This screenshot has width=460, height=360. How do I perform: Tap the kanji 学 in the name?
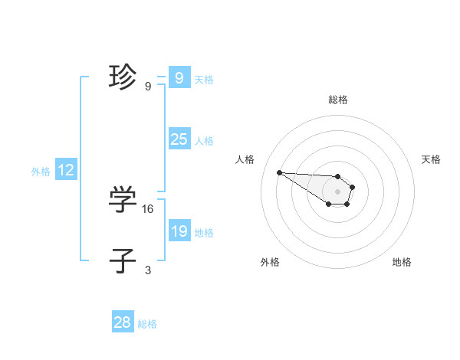[x=123, y=200]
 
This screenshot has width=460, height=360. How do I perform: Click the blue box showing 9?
[x=179, y=78]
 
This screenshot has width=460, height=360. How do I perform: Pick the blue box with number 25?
[x=179, y=139]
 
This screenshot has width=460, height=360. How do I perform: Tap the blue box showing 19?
[x=179, y=231]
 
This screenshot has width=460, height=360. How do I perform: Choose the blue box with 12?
[x=65, y=170]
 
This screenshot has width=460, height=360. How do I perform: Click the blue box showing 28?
[x=123, y=322]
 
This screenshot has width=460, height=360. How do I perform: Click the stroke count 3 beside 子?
[x=148, y=270]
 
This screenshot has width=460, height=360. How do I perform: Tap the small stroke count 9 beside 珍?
[x=148, y=87]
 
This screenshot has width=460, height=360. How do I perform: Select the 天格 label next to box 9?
[x=204, y=80]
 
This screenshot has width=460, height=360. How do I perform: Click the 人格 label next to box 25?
[x=204, y=141]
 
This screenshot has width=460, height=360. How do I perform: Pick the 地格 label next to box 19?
[x=204, y=233]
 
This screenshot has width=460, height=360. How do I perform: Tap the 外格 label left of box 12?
[x=41, y=172]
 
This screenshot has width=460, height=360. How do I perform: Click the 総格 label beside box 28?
[x=147, y=324]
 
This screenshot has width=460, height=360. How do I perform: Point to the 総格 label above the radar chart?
[x=338, y=100]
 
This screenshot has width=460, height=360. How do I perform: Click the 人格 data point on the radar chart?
[x=279, y=172]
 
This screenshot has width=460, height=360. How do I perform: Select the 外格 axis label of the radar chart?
[x=269, y=262]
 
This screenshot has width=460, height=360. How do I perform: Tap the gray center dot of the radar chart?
[x=338, y=191]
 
